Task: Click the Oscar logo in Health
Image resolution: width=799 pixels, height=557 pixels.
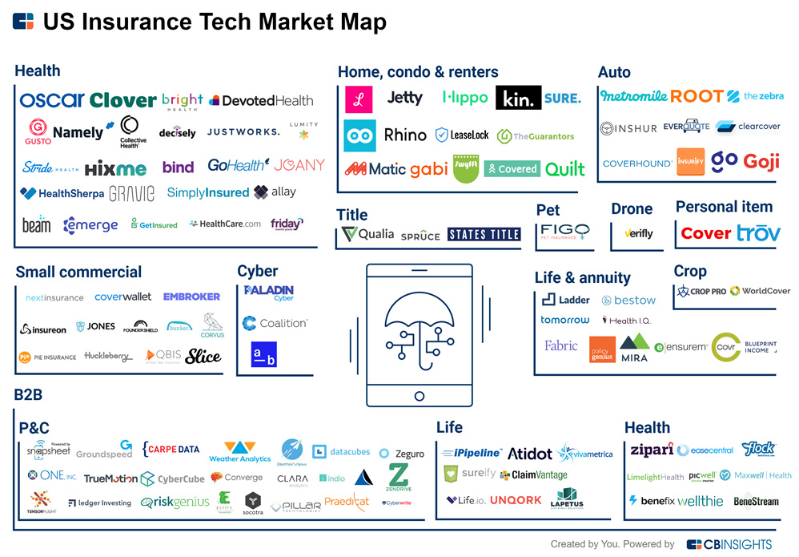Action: pos(52,100)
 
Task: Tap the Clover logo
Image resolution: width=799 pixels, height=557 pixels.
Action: pos(122,100)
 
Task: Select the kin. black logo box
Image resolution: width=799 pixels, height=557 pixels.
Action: pos(518,98)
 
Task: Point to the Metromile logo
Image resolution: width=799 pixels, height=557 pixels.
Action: pos(633,96)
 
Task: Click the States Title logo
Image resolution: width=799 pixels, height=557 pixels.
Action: pos(484,235)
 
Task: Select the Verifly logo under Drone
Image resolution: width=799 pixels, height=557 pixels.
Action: pos(638,234)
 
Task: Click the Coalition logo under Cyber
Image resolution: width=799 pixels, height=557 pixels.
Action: pos(274,323)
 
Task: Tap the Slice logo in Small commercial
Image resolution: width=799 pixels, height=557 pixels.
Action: pos(203,357)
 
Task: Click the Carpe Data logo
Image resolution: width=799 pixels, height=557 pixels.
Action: pos(171,450)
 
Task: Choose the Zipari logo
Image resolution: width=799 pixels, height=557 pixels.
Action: pos(651,450)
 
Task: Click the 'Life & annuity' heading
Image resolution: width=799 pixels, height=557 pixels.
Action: pos(582,278)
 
